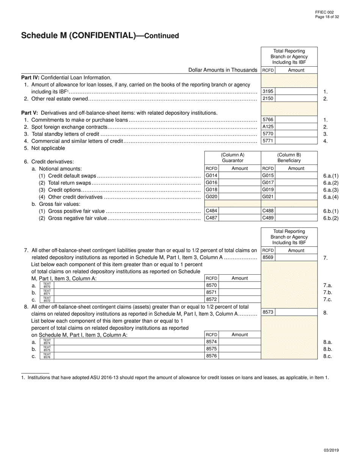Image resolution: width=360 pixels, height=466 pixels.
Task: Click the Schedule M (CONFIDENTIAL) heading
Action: pos(100,36)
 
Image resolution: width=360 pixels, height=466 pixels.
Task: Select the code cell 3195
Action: pos(268,91)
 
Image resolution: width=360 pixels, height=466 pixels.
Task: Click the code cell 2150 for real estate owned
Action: pos(268,99)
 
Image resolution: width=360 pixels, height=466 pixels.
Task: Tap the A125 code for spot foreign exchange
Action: pos(268,127)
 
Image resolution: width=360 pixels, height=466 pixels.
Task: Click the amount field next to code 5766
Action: pos(296,120)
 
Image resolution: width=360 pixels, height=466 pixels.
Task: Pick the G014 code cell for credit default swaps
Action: pos(211,176)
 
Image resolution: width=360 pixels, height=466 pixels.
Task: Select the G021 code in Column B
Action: pos(268,197)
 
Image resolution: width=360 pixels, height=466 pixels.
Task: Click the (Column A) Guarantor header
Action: pos(233,158)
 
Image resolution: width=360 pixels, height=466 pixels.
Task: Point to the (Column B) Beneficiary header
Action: pos(289,158)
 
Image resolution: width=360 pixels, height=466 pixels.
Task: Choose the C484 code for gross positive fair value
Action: pos(211,211)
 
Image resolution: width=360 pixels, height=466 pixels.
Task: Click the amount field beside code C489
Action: pos(296,218)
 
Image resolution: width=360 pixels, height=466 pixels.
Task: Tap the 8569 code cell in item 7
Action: pos(268,258)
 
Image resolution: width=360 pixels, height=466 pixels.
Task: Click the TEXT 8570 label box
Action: pos(47,285)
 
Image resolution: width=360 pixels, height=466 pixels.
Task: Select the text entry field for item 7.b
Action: pos(129,292)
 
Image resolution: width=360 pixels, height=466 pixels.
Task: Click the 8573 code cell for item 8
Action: pos(268,312)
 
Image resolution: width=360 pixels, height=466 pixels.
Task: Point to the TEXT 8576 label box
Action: pos(47,356)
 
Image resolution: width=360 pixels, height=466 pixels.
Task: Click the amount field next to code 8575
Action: pos(239,349)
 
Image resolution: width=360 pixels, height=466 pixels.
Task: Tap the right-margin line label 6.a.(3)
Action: pos(331,190)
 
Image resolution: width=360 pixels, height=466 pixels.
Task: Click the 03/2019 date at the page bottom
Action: pos(331,450)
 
